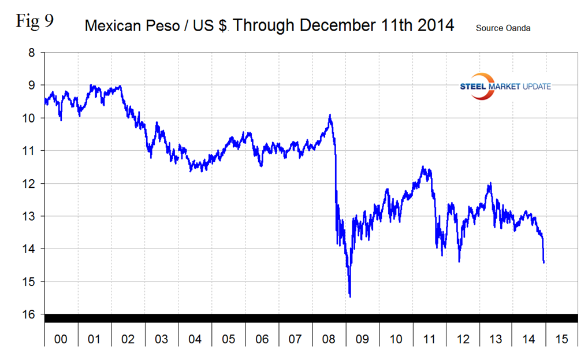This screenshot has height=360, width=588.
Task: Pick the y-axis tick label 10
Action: coord(29,118)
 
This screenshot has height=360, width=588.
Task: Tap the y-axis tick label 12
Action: coord(29,184)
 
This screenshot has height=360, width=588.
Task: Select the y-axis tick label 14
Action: coord(29,249)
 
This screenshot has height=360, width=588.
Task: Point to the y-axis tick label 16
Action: coord(29,314)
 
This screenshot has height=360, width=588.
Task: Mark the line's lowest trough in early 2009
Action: coord(350,296)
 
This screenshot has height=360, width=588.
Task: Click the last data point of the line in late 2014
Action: coord(544,262)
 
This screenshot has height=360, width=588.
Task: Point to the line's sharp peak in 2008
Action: coord(330,115)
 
